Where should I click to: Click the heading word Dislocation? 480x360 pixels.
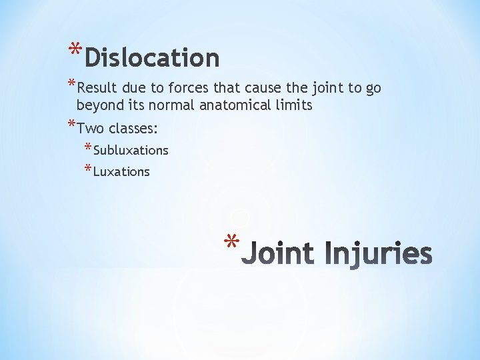click(x=152, y=58)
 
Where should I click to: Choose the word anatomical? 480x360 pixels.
click(x=236, y=105)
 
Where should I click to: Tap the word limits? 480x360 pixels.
click(x=293, y=105)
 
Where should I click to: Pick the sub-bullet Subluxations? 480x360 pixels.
click(x=131, y=151)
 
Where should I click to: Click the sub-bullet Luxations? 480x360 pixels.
click(x=121, y=172)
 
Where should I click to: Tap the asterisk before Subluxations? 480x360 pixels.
click(x=88, y=148)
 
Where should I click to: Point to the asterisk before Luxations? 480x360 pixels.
click(x=88, y=169)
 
